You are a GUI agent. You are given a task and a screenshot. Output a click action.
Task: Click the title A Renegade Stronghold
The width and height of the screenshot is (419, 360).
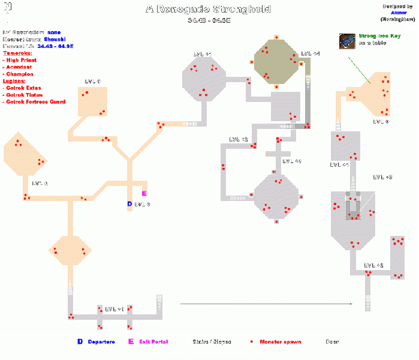pyautogui.click(x=209, y=9)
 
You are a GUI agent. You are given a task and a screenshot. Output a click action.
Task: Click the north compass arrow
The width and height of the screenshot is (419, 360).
pyautogui.click(x=8, y=13)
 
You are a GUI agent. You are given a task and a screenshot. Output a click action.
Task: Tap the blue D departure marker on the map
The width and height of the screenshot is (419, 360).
pyautogui.click(x=129, y=205)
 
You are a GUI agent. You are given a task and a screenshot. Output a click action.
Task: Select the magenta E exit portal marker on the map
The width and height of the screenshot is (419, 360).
pyautogui.click(x=144, y=193)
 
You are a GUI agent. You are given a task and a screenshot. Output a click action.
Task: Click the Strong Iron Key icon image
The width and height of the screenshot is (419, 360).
pyautogui.click(x=347, y=40)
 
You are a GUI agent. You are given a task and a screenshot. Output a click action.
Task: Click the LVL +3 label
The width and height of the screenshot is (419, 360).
pyautogui.click(x=382, y=177)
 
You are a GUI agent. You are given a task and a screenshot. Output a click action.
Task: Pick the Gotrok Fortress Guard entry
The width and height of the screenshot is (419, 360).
pyautogui.click(x=35, y=101)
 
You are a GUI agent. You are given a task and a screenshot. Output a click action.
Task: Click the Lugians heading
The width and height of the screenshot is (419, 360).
pyautogui.click(x=15, y=80)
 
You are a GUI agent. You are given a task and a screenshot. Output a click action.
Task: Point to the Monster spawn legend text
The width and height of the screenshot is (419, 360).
pyautogui.click(x=281, y=342)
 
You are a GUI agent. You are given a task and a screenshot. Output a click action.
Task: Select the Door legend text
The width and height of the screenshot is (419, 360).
pyautogui.click(x=331, y=342)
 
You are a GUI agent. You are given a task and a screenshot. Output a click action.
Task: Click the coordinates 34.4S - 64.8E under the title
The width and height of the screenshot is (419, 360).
pyautogui.click(x=209, y=20)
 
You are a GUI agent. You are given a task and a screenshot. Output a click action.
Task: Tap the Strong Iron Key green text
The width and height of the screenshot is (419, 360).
pyautogui.click(x=379, y=37)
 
